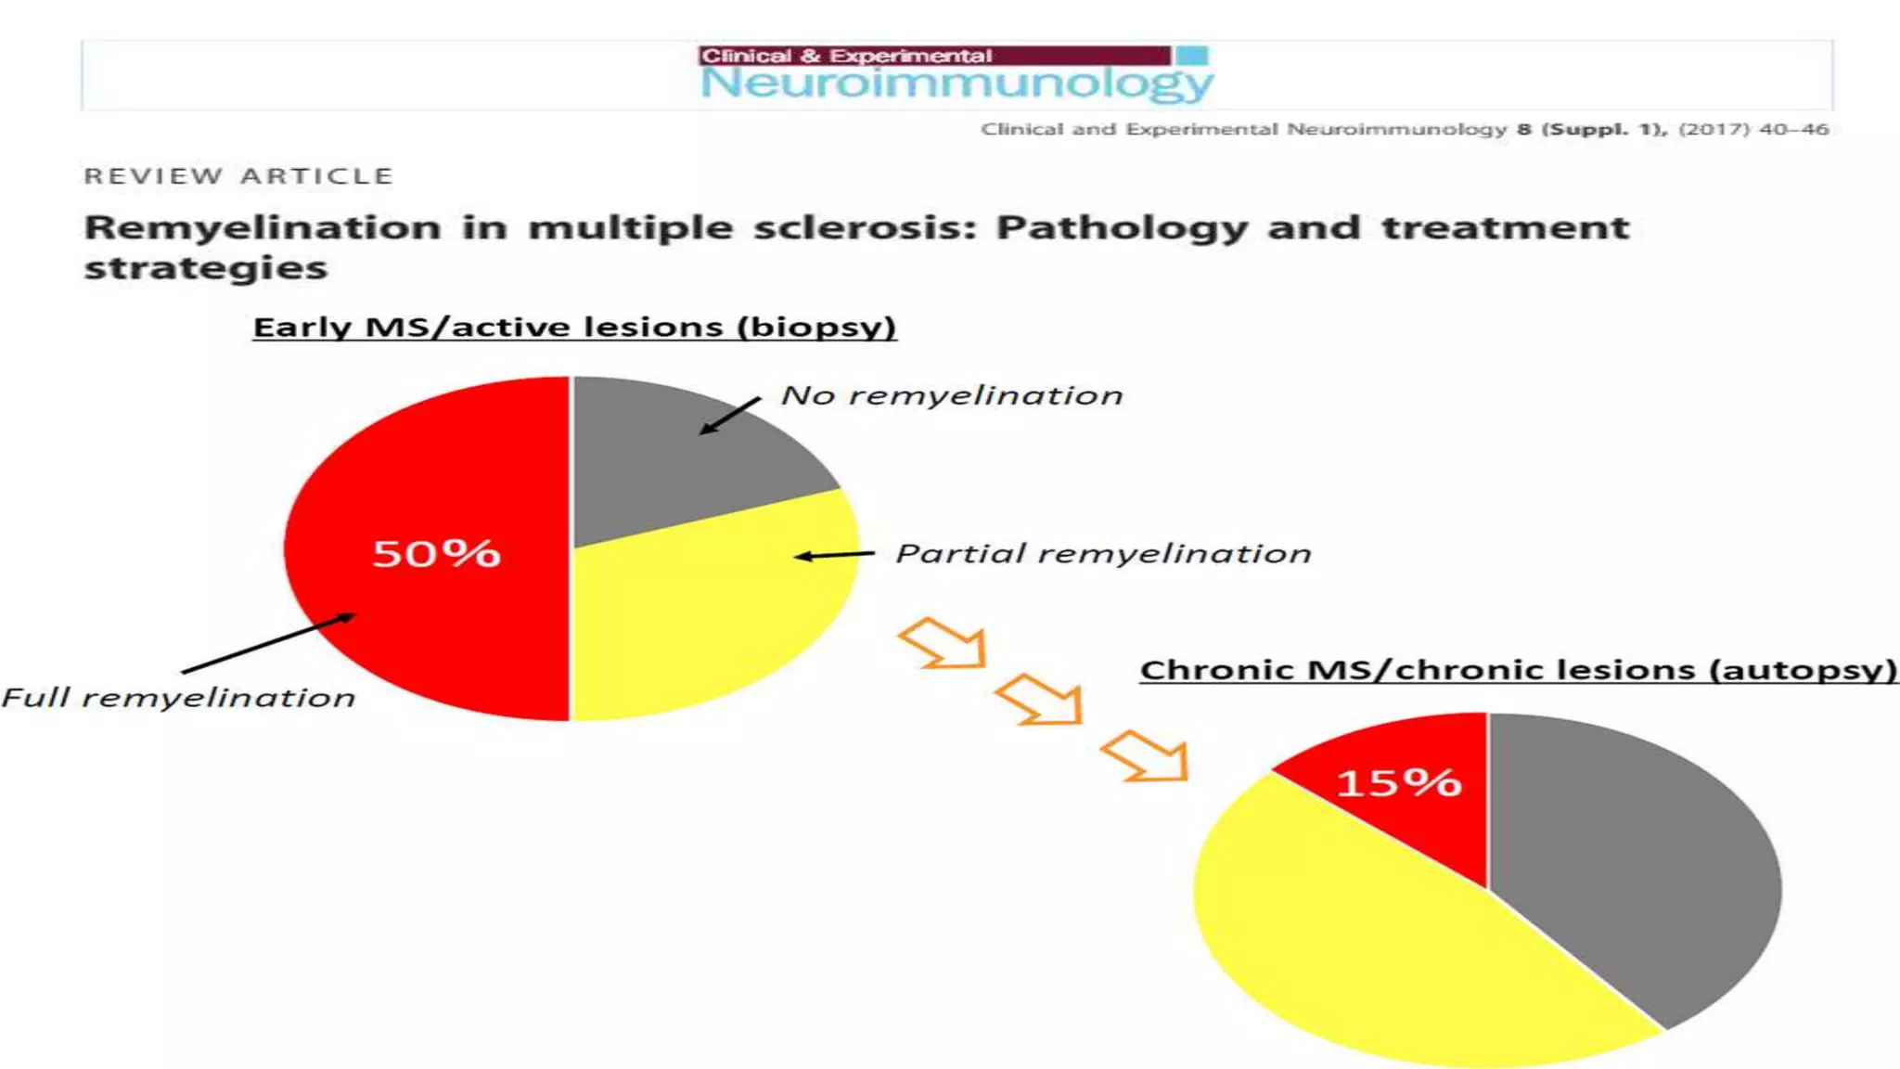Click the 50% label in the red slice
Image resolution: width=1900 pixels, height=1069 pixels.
[436, 553]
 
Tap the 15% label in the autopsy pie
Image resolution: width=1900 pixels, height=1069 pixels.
[1399, 782]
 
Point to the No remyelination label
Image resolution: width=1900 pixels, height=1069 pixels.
[952, 395]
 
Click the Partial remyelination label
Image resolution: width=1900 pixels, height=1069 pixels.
[1103, 554]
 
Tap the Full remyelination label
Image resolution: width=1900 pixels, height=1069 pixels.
[178, 698]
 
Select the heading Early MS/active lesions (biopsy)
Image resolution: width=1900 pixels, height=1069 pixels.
[574, 327]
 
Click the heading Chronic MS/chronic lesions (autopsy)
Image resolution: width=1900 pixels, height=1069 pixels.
[1518, 669]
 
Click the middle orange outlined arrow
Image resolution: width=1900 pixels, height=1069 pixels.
[1041, 699]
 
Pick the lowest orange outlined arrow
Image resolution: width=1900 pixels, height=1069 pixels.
[1147, 755]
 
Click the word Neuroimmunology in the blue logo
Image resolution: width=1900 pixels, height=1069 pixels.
[956, 84]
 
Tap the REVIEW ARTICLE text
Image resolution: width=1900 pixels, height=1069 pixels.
[238, 176]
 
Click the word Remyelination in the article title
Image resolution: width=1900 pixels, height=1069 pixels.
[263, 227]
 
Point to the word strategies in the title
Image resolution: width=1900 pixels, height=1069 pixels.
[206, 268]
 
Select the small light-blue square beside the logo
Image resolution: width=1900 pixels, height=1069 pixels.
[1192, 56]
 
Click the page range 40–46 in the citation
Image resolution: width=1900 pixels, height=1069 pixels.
[1793, 129]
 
